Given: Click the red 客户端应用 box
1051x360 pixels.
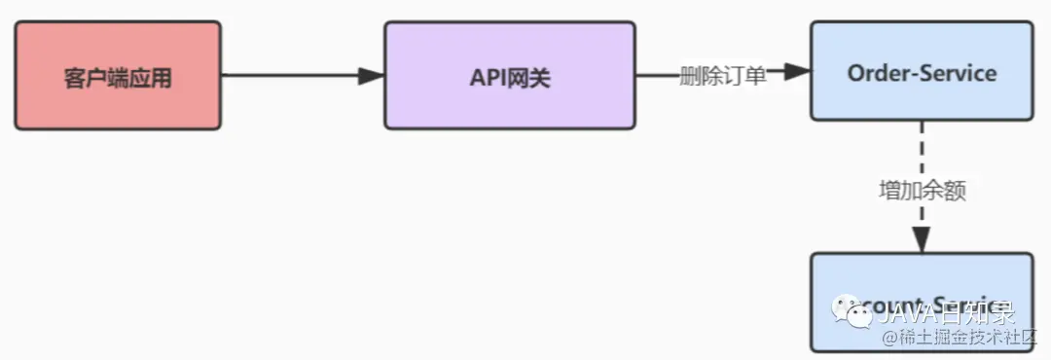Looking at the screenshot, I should (x=117, y=76).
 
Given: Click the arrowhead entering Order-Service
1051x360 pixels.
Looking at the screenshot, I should (x=797, y=71).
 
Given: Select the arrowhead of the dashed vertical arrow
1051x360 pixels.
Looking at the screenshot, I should (x=922, y=239).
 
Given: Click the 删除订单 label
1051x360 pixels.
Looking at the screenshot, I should (x=722, y=76).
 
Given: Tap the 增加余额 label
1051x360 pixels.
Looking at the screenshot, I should (x=922, y=191).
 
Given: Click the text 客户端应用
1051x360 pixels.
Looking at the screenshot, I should (x=117, y=79).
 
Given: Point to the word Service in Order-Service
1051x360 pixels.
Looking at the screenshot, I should (x=960, y=73).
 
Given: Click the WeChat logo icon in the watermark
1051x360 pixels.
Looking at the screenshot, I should (x=859, y=313).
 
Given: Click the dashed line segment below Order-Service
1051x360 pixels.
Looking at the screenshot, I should (x=922, y=146).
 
